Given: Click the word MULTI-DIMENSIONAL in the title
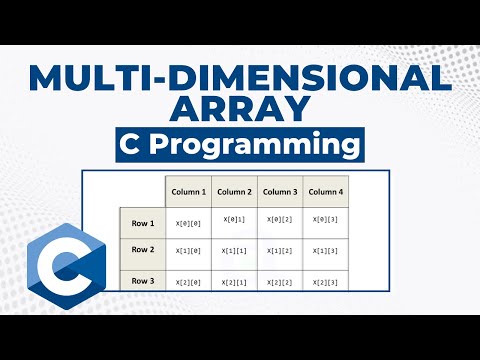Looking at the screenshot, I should [x=240, y=76].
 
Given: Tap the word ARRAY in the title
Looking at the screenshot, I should [x=240, y=108].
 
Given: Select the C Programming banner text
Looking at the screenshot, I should [x=240, y=146].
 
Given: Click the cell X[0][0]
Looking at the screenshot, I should [x=188, y=222].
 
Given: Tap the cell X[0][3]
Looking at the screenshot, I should [x=325, y=220].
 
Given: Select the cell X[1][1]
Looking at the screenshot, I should [x=234, y=251].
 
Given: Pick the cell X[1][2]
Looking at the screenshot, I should [x=280, y=251].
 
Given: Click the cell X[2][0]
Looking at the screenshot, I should [x=188, y=283].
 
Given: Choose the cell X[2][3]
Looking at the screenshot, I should [x=325, y=283].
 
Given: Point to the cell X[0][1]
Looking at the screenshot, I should [x=234, y=220].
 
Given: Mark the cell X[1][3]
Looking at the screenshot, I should [x=325, y=251].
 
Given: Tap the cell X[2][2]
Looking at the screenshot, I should [x=280, y=283].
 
